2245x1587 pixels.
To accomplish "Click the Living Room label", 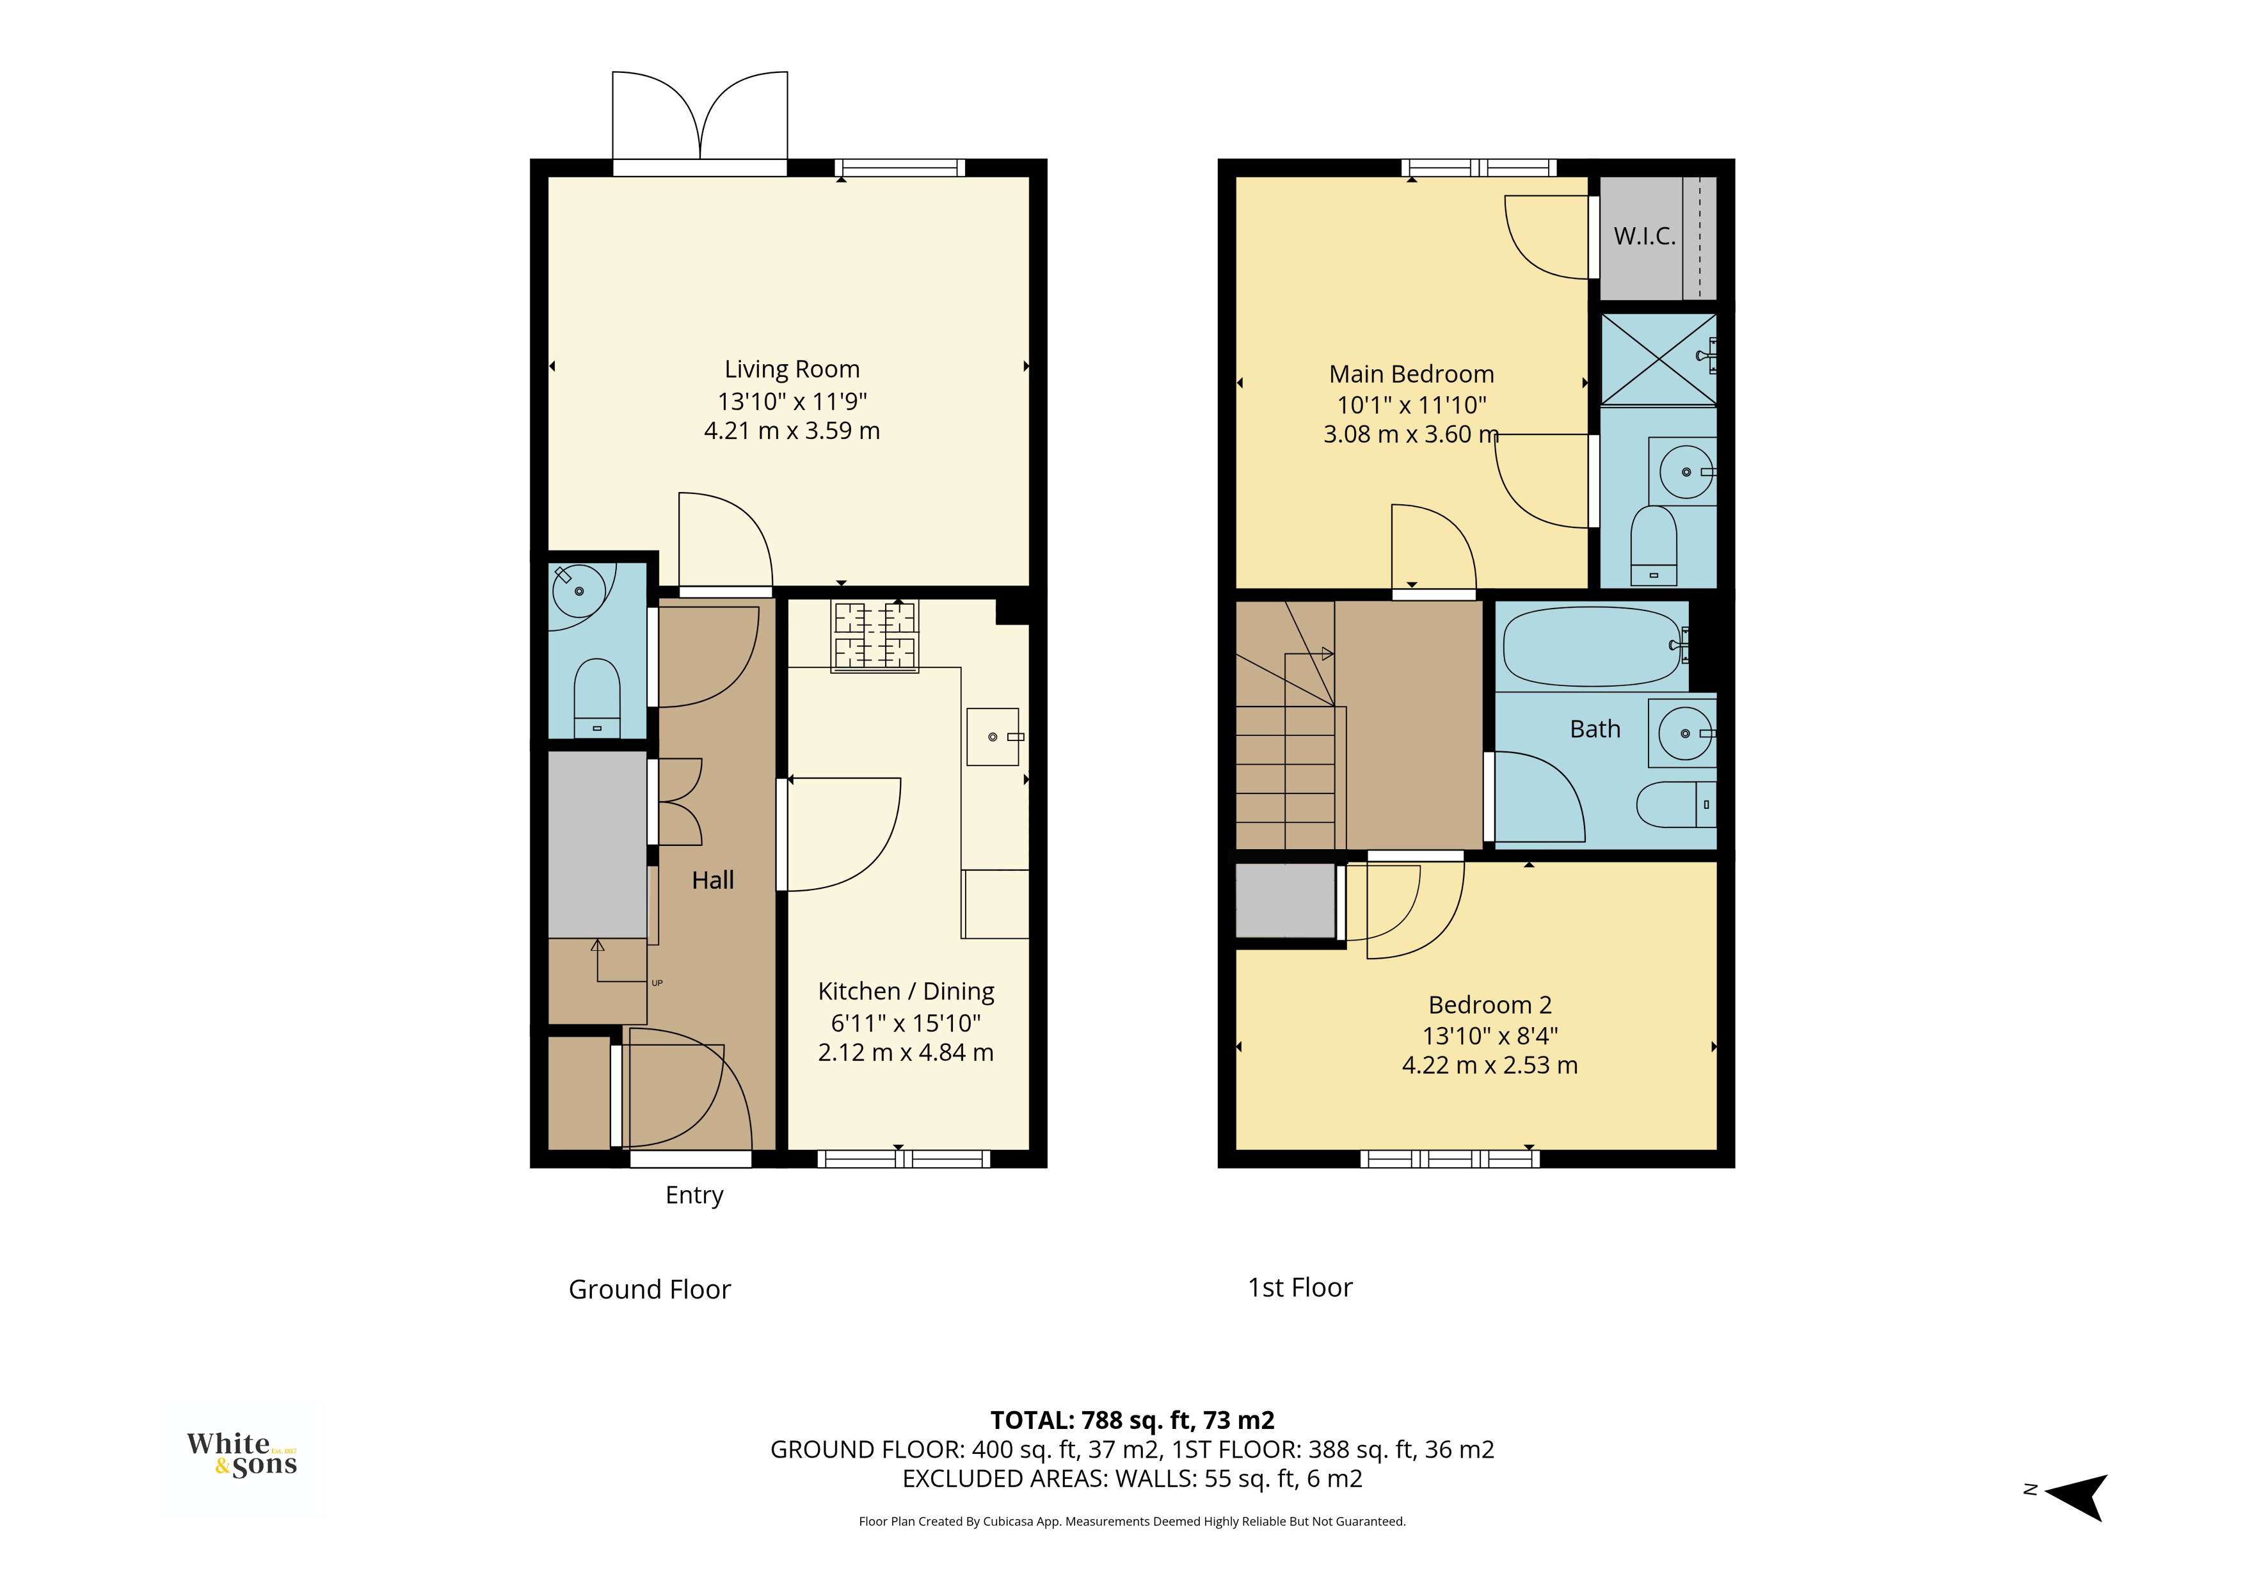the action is click(792, 370).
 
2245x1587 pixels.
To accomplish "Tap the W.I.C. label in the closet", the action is click(1645, 235).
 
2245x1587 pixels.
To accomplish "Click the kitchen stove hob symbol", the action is click(874, 635).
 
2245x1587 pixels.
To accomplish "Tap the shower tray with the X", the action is click(1658, 359).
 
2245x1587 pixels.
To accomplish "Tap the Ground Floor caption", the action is click(650, 1289).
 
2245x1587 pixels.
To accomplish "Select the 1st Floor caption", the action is click(1300, 1288).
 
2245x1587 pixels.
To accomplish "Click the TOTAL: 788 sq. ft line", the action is click(1132, 1420).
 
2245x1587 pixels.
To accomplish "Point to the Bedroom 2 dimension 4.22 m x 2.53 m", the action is click(1490, 1066).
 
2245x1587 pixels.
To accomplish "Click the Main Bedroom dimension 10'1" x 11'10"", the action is click(1412, 405).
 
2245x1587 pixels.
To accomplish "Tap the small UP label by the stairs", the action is click(657, 983).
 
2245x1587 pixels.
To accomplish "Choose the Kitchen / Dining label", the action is click(906, 991).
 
